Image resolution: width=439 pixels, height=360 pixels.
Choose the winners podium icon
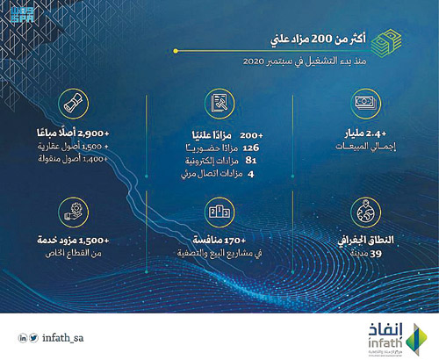click(219, 211)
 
